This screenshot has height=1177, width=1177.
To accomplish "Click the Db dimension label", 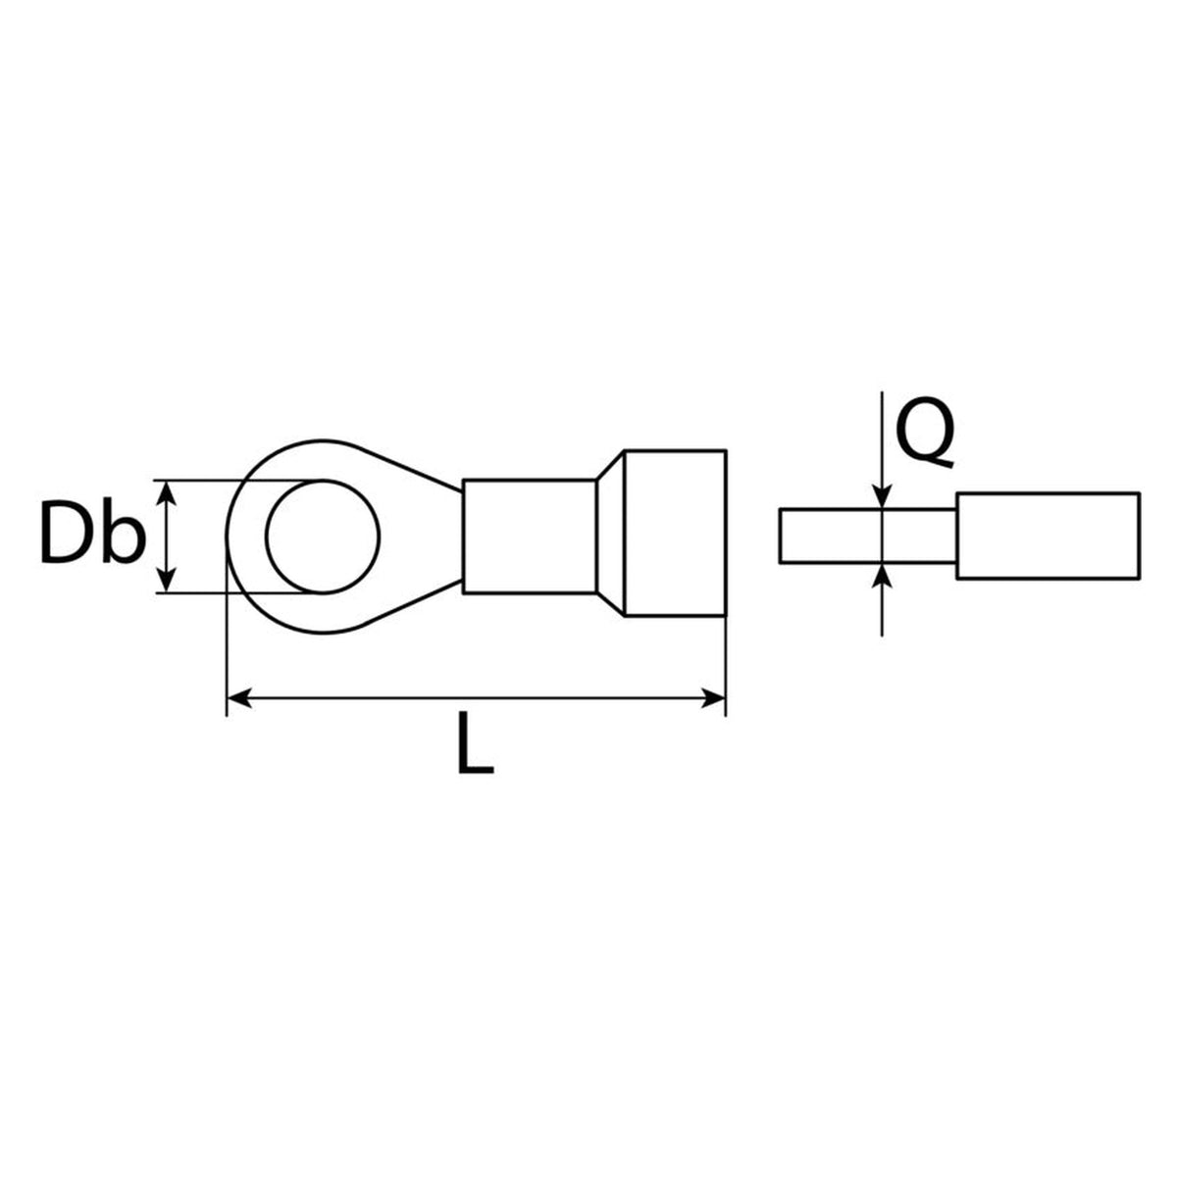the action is pos(93,532).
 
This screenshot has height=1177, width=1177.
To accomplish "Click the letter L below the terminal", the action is pos(475,742).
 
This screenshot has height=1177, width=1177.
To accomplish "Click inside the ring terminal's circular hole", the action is pos(323,537).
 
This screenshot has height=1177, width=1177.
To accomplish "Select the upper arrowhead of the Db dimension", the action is pos(167,492).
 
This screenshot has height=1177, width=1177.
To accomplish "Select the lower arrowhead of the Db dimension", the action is pos(167,580).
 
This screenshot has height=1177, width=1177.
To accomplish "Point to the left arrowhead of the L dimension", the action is pos(238,697).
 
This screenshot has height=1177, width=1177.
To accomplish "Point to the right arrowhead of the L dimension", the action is pos(713,697).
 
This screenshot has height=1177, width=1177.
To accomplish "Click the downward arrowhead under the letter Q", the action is pos(882,497).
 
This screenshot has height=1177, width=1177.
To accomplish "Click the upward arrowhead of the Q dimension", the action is pos(882,575).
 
